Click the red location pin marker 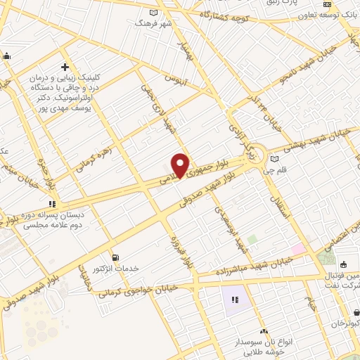181,165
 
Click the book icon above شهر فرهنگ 154,12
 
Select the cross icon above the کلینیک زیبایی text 65,66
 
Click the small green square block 252,240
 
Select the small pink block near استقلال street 299,249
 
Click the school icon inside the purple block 234,300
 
